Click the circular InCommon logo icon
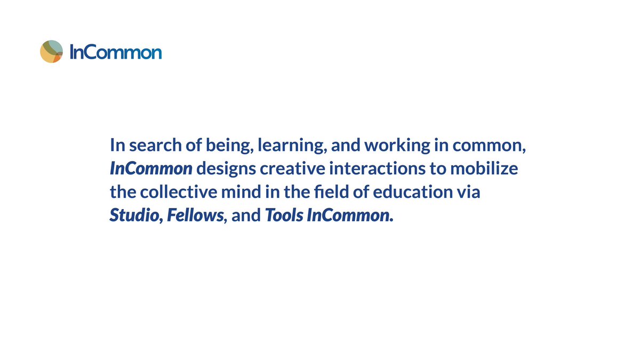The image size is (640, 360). (x=52, y=51)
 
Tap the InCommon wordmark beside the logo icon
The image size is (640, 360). (x=116, y=52)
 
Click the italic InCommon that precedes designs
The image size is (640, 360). (x=151, y=170)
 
